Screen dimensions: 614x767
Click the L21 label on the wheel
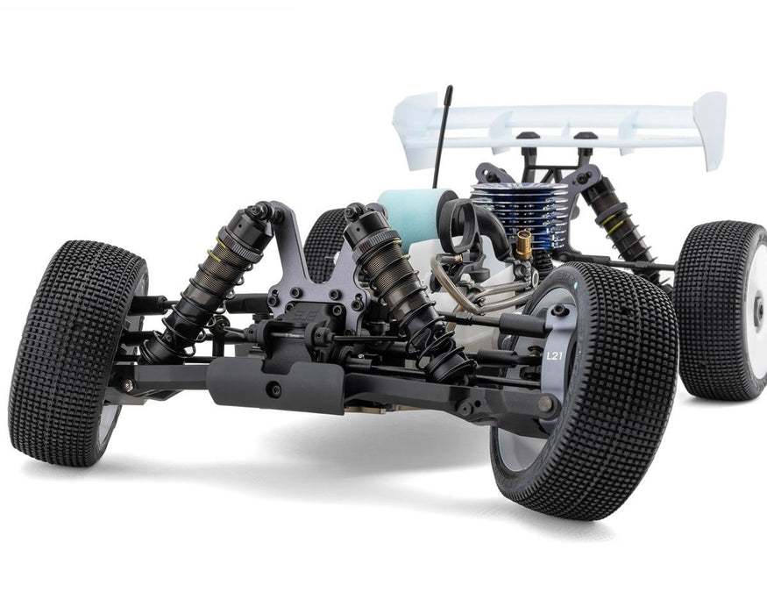pyautogui.click(x=554, y=356)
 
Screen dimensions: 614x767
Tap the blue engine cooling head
pyautogui.click(x=507, y=211)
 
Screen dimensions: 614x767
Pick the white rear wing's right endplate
pyautogui.click(x=709, y=130)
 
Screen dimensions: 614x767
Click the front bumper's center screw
pyautogui.click(x=275, y=390)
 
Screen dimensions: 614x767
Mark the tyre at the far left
pyautogui.click(x=75, y=351)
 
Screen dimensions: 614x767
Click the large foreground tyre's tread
pyautogui.click(x=614, y=403)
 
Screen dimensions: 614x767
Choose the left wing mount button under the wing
pyautogui.click(x=528, y=138)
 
